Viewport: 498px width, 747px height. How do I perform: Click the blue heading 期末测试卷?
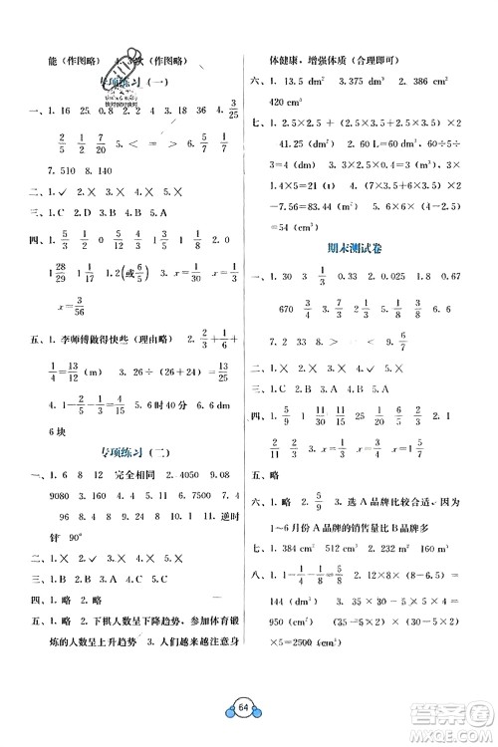pyautogui.click(x=368, y=249)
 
